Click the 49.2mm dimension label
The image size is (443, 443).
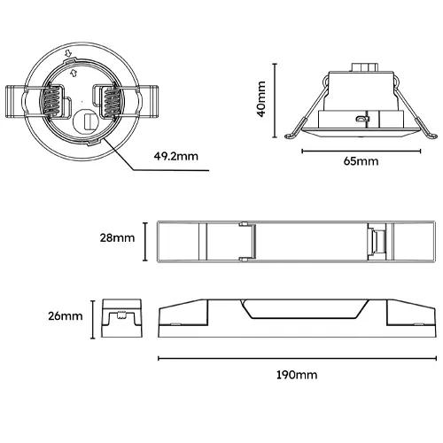(175, 156)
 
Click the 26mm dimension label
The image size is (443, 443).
(66, 315)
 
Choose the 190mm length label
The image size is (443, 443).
(297, 376)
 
